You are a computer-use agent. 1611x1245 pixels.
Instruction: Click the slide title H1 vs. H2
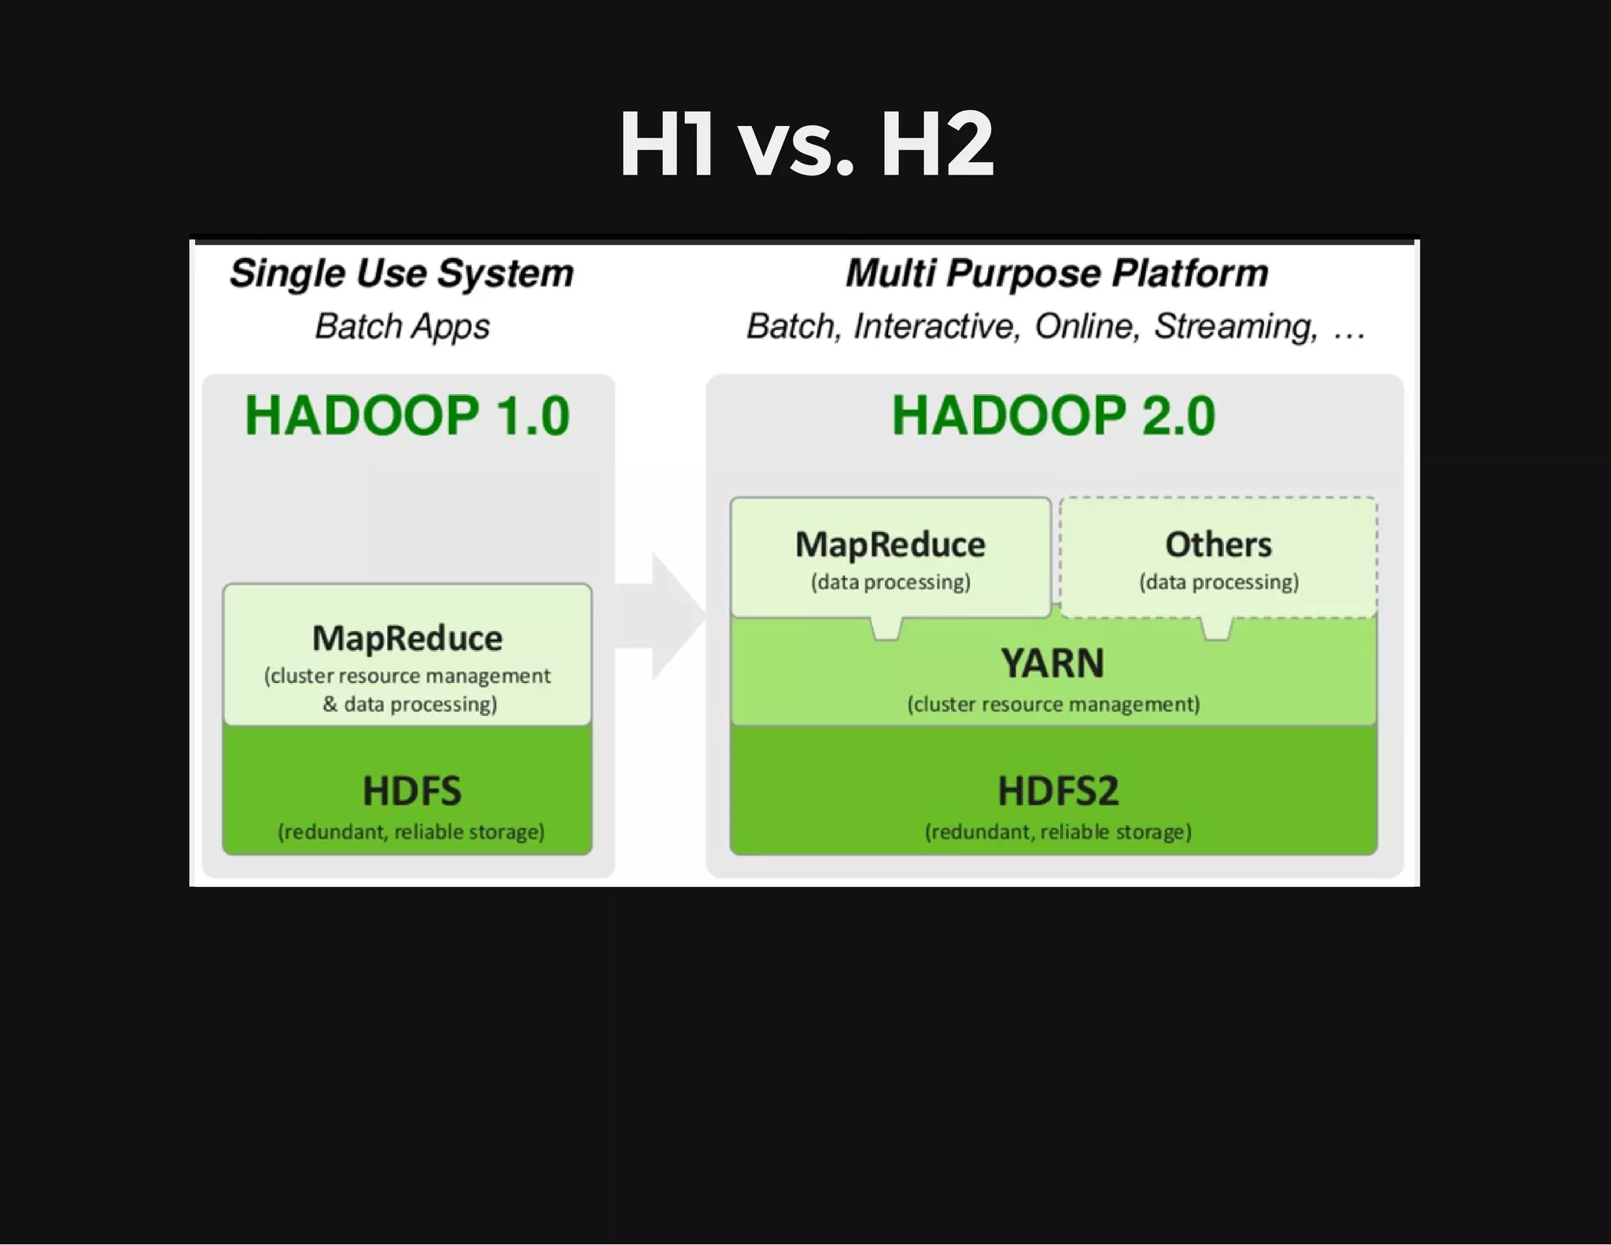[x=806, y=145]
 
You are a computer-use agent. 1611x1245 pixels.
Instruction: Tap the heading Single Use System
[x=401, y=274]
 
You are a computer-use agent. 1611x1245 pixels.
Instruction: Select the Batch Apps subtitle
[x=402, y=326]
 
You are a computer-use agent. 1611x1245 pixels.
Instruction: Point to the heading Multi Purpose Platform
[x=1056, y=274]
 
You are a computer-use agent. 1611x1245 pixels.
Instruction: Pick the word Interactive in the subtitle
[x=936, y=326]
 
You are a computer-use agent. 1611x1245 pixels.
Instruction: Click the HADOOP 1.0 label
[x=407, y=416]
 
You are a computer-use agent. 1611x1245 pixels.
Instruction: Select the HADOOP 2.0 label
[x=1053, y=416]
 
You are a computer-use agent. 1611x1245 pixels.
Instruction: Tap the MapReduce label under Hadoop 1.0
[x=407, y=638]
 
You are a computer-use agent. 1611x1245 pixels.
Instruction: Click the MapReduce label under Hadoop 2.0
[x=890, y=545]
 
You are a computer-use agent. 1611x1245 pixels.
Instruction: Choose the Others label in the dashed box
[x=1218, y=545]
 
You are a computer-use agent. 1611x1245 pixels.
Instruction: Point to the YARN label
[x=1052, y=663]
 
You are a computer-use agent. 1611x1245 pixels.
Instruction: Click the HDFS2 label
[x=1058, y=791]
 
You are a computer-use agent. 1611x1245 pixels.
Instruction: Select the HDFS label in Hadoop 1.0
[x=411, y=791]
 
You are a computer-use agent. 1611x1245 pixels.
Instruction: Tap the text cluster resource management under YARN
[x=1053, y=704]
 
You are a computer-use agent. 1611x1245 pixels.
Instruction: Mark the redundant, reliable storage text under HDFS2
[x=1058, y=832]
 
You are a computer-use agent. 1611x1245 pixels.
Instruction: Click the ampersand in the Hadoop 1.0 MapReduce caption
[x=330, y=704]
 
